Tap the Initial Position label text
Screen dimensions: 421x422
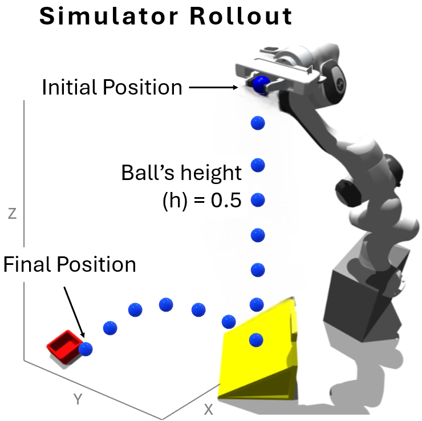(112, 88)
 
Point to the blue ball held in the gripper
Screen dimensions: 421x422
(261, 84)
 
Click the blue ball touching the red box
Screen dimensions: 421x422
(86, 349)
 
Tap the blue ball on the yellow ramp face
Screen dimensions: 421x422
(257, 340)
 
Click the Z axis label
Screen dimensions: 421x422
(13, 214)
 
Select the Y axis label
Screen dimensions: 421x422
(79, 399)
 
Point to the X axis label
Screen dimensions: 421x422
(209, 409)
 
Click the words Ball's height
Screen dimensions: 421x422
(181, 173)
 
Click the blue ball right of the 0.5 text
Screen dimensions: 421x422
(258, 201)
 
